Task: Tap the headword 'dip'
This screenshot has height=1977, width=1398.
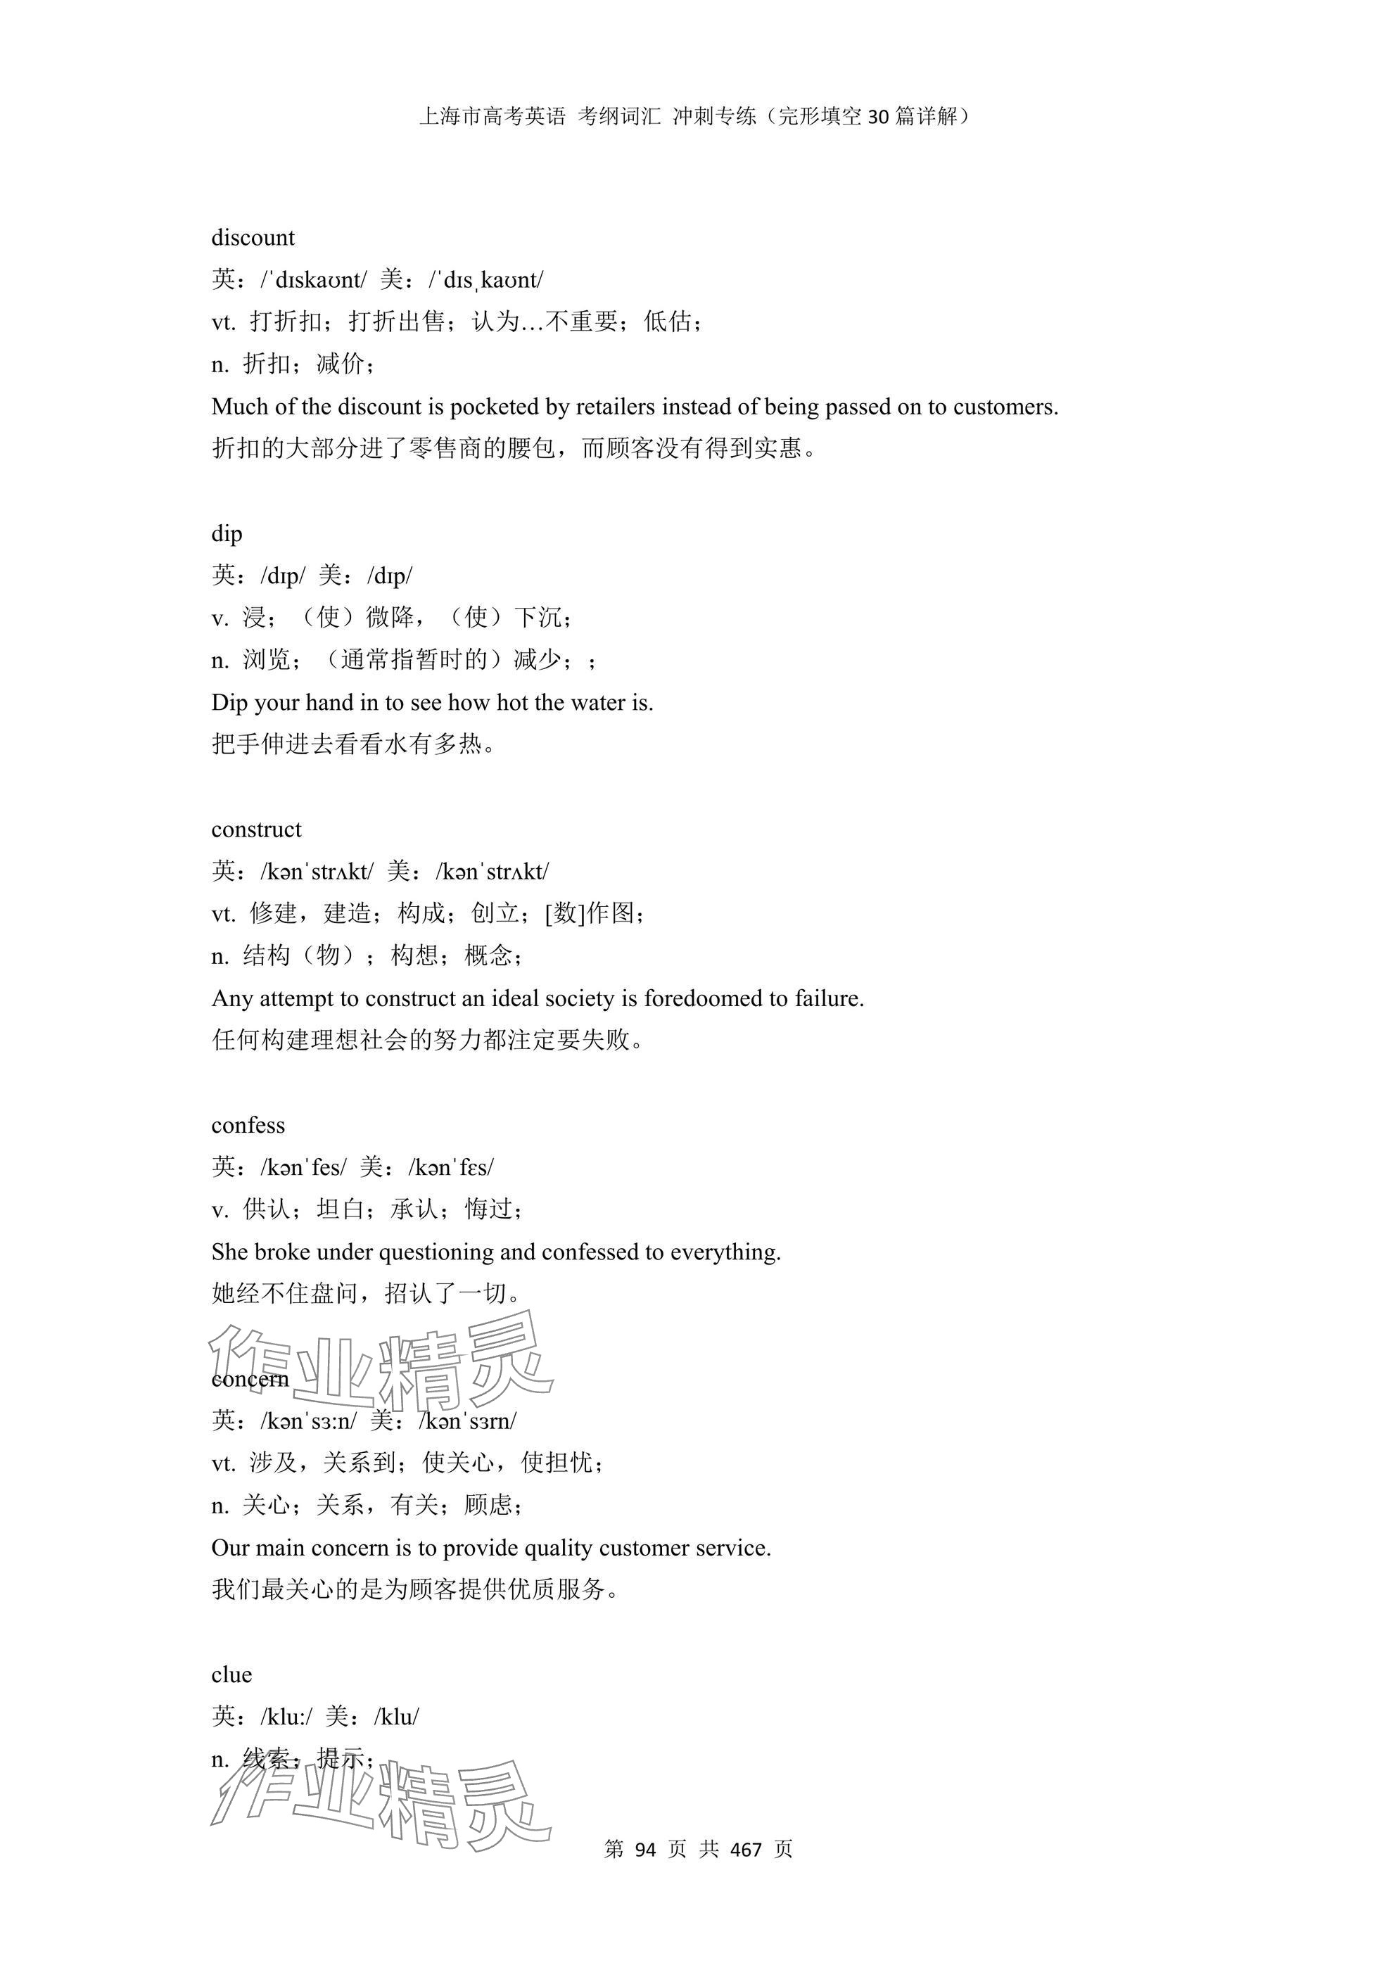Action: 227,534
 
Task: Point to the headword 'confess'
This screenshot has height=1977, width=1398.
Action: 248,1126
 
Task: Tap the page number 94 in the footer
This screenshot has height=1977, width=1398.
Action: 644,1850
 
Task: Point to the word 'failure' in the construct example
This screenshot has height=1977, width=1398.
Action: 828,999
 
